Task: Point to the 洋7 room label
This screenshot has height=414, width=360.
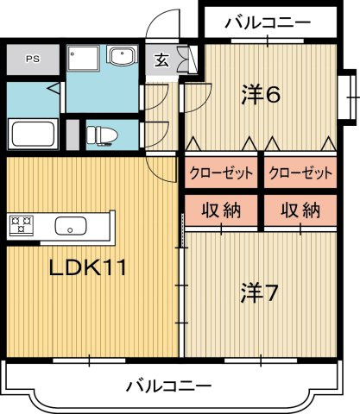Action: tap(258, 293)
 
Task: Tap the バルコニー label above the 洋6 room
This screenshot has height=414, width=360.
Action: tap(267, 22)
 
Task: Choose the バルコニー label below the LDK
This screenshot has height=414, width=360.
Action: tap(169, 384)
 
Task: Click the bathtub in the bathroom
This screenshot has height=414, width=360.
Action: tap(33, 135)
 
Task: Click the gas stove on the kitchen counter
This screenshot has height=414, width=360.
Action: tap(21, 226)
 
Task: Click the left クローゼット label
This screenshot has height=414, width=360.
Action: tap(222, 173)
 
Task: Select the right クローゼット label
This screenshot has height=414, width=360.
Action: tap(300, 173)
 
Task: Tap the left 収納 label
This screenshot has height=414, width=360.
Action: tap(222, 210)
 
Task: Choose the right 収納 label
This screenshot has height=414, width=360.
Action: tap(300, 210)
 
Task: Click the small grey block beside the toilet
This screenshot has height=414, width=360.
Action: tap(72, 135)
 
